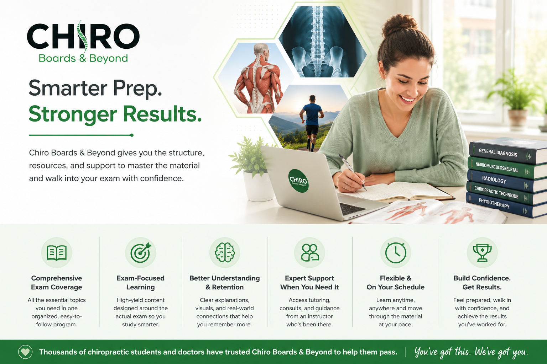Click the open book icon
point(56,253)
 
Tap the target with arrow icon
point(141,253)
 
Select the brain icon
point(225,252)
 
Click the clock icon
point(396,253)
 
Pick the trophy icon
point(482,253)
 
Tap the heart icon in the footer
point(25,352)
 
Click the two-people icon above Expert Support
point(309,253)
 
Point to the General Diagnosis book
point(508,151)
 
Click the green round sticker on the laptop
point(298,181)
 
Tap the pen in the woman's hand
point(352,172)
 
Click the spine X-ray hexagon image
point(322,42)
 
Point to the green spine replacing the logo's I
point(82,37)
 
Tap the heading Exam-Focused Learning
point(140,283)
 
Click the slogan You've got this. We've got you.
point(471,352)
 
